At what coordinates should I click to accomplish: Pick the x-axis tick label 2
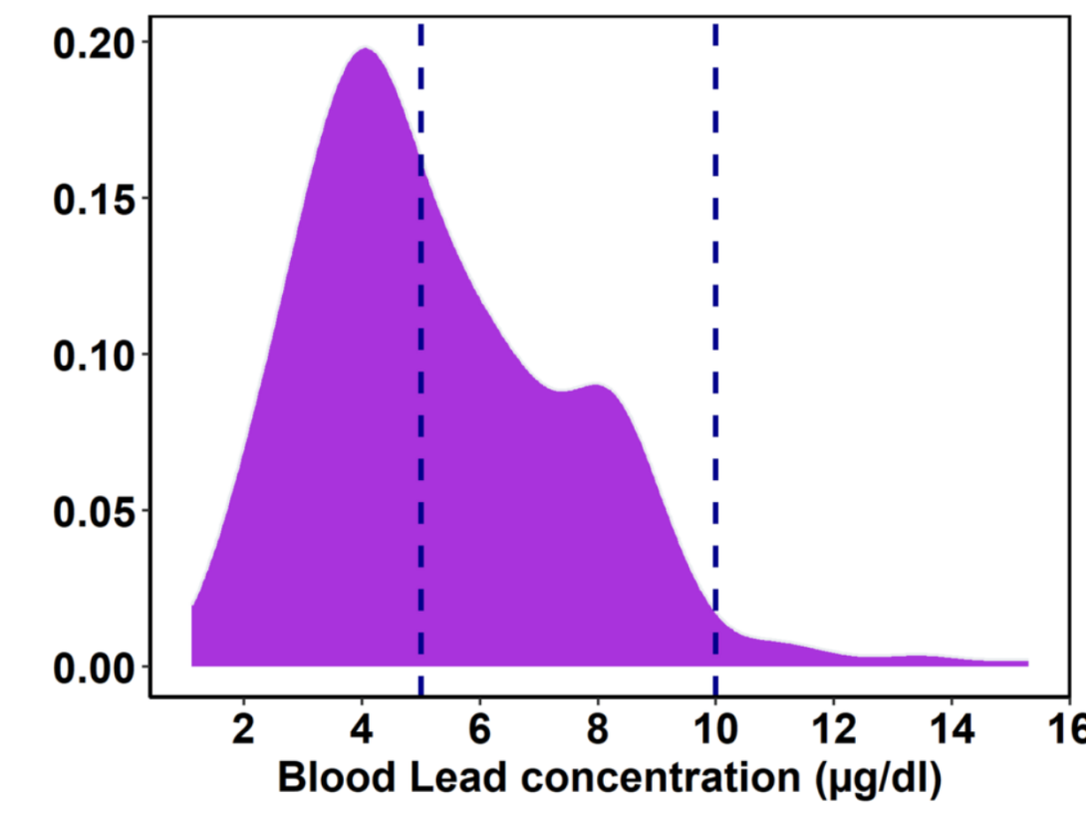pos(244,728)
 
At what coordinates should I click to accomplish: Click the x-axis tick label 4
pos(362,728)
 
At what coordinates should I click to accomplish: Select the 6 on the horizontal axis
pos(480,728)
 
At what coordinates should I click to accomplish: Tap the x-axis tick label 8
pos(598,728)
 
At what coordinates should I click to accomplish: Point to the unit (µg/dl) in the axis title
pos(877,778)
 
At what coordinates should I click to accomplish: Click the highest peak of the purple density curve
pos(365,49)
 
